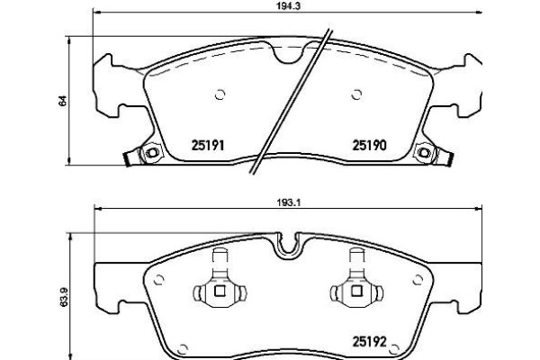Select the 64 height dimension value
click(62, 101)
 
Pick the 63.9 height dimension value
click(62, 296)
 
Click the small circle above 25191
click(219, 93)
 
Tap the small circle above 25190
click(356, 93)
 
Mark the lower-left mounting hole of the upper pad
click(151, 154)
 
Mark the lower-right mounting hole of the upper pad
click(421, 154)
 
